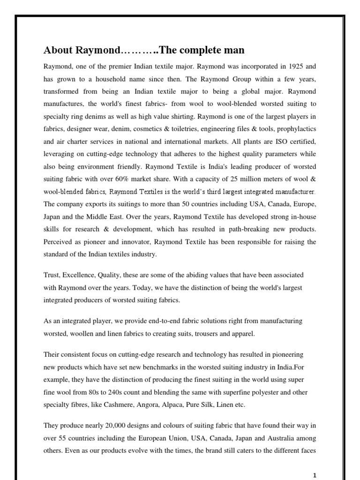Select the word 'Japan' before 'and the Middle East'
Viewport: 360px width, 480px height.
53,217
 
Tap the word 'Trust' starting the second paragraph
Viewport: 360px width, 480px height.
52,275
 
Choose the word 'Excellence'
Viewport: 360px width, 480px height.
81,275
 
